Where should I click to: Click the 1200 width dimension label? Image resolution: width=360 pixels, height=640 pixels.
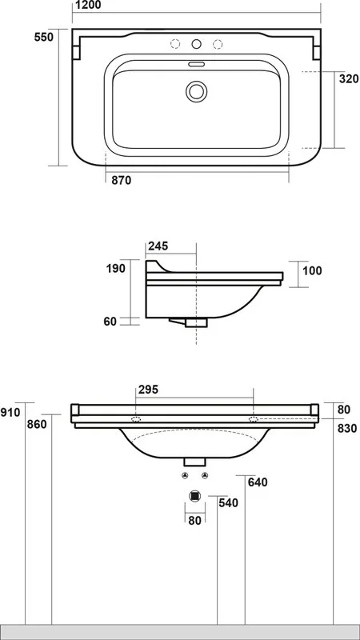click(x=86, y=6)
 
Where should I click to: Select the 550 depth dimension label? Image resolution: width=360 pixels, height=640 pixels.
click(x=44, y=37)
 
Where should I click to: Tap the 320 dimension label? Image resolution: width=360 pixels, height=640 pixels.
click(x=349, y=78)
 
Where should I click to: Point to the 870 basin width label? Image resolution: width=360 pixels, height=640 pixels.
click(x=122, y=181)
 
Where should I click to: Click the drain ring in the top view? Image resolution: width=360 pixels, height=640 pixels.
click(x=196, y=91)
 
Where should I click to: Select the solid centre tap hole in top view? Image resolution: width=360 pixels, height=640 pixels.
click(x=196, y=44)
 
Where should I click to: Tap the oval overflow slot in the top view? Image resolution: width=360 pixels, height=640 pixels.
click(x=196, y=64)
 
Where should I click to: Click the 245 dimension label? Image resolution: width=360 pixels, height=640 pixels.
click(x=158, y=246)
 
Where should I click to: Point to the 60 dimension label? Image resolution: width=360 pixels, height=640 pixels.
click(x=110, y=322)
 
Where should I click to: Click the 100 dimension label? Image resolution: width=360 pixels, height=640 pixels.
click(x=312, y=270)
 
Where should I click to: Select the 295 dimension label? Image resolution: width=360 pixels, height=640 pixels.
click(x=148, y=390)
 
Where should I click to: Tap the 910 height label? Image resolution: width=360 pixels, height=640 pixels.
click(x=10, y=413)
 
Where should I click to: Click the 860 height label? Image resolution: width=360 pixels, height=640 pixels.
click(x=37, y=425)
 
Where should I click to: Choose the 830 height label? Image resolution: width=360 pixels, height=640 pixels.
click(x=347, y=429)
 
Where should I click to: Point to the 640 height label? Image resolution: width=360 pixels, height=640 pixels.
click(x=258, y=482)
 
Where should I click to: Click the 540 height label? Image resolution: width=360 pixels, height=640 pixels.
click(x=228, y=503)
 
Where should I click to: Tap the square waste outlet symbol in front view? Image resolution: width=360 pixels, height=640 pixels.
click(x=195, y=496)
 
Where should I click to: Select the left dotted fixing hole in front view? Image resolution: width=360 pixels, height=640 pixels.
click(x=136, y=419)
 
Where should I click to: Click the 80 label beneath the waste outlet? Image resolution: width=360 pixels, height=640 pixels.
click(x=195, y=522)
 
